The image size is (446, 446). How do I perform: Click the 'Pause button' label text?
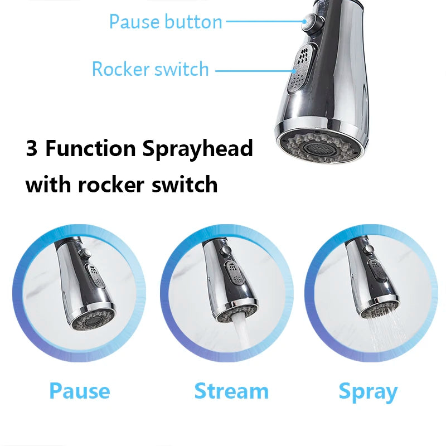pos(166,22)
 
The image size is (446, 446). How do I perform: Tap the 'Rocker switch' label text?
pos(151,69)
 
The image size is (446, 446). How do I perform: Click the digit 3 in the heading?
pos(32,148)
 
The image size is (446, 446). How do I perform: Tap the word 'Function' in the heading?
pos(90,148)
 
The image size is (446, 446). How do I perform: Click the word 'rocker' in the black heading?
pos(111,185)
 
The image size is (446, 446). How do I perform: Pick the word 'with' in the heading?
pos(48,185)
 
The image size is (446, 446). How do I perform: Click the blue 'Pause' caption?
pos(80,391)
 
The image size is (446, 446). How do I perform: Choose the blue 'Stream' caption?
pos(231,391)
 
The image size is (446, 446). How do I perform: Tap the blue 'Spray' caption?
pos(368,392)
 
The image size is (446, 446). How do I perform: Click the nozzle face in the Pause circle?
pos(93,320)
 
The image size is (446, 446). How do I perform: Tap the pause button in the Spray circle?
pos(370,249)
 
